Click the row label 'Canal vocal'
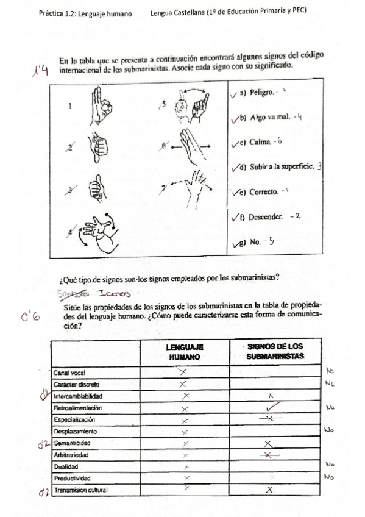(69, 373)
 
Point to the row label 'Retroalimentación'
(77, 407)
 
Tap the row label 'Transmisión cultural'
(80, 490)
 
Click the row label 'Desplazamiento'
(74, 431)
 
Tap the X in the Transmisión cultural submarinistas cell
(269, 490)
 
